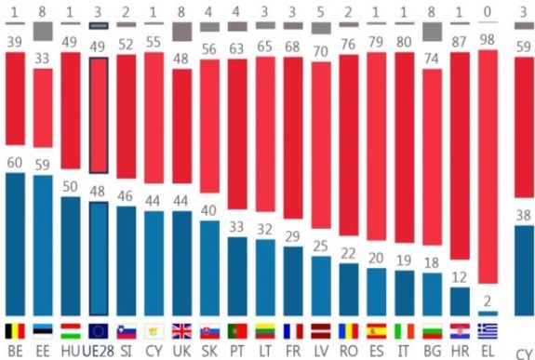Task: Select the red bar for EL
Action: pyautogui.click(x=488, y=167)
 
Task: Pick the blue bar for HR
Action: pyautogui.click(x=460, y=300)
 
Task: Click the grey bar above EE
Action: pyautogui.click(x=43, y=31)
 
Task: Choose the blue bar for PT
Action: pyautogui.click(x=237, y=275)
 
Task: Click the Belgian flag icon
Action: pyautogui.click(x=15, y=330)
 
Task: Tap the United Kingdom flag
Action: pyautogui.click(x=181, y=330)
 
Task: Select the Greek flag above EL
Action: pyautogui.click(x=488, y=330)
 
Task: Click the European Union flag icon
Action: pyautogui.click(x=98, y=330)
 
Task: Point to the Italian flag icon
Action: pyautogui.click(x=404, y=330)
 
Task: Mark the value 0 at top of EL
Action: pyautogui.click(x=488, y=8)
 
